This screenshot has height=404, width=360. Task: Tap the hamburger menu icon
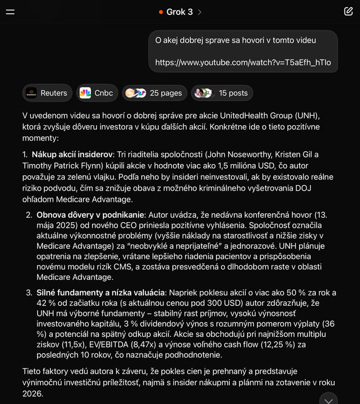[10, 12]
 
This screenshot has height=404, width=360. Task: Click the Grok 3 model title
[179, 12]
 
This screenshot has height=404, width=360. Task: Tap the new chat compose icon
[348, 12]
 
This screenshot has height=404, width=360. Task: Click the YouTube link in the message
[243, 62]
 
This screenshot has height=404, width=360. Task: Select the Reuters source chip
[47, 93]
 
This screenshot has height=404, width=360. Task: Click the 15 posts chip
[222, 93]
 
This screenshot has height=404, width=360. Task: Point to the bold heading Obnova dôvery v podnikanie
[90, 214]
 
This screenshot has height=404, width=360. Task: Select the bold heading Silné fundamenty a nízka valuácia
[100, 292]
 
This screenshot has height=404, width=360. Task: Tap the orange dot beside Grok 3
[161, 12]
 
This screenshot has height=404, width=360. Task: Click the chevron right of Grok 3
[199, 12]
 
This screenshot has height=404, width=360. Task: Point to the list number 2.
[29, 214]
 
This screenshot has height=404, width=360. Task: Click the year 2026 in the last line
[32, 393]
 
